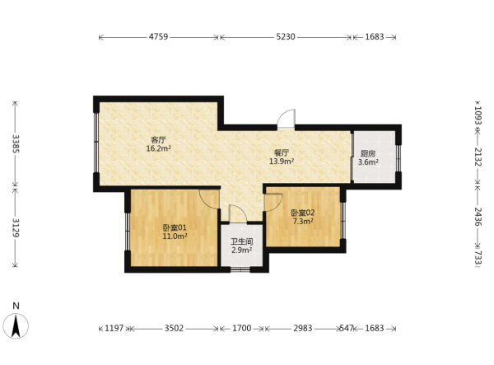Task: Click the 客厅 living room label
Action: tap(158, 140)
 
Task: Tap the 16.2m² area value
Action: tap(158, 148)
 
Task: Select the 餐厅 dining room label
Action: tap(282, 153)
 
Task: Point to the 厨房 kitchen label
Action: tap(368, 154)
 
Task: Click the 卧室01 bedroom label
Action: tap(175, 227)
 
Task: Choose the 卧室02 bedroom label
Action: tap(303, 213)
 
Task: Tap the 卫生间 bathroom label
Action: tap(241, 241)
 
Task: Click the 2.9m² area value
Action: tap(241, 250)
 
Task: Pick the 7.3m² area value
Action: tap(303, 222)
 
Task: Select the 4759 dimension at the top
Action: tap(158, 37)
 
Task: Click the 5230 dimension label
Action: tap(286, 37)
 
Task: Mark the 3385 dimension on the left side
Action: tap(16, 143)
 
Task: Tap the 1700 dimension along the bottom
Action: tap(241, 329)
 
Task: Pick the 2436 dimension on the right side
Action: tap(478, 217)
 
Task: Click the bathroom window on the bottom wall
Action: tap(240, 269)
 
